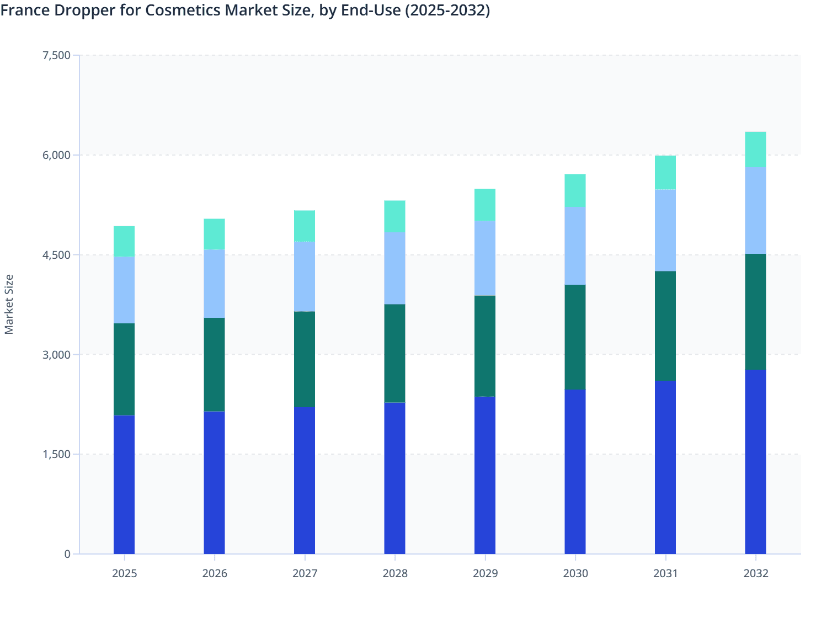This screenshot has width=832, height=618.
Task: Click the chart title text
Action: (x=246, y=10)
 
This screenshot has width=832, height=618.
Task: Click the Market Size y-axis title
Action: (x=9, y=304)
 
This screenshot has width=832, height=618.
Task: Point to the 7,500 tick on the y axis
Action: (x=56, y=55)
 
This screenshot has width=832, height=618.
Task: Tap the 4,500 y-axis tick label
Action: (x=56, y=255)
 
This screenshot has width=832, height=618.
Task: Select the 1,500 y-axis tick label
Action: (x=56, y=454)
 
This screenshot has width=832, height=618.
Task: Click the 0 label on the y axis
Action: (x=67, y=554)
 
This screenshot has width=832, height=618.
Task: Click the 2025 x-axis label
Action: (x=124, y=573)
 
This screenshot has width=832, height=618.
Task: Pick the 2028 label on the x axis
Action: (x=395, y=573)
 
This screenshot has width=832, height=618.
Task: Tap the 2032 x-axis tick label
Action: (x=756, y=573)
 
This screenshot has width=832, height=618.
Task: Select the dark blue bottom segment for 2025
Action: (x=124, y=484)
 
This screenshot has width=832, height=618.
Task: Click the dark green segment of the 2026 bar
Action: (x=214, y=364)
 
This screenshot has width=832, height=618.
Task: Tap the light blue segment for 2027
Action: (x=305, y=276)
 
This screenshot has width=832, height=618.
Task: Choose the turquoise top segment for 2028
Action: (x=395, y=216)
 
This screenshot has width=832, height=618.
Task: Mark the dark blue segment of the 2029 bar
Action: (x=485, y=475)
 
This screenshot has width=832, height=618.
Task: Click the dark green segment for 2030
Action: (x=575, y=337)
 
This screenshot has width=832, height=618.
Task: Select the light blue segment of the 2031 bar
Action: (x=665, y=230)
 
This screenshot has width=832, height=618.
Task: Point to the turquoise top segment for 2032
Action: (x=755, y=150)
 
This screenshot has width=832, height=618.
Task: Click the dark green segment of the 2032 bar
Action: (x=755, y=311)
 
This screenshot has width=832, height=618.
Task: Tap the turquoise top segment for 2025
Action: (x=124, y=242)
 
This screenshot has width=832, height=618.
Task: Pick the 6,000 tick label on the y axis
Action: (x=56, y=155)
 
